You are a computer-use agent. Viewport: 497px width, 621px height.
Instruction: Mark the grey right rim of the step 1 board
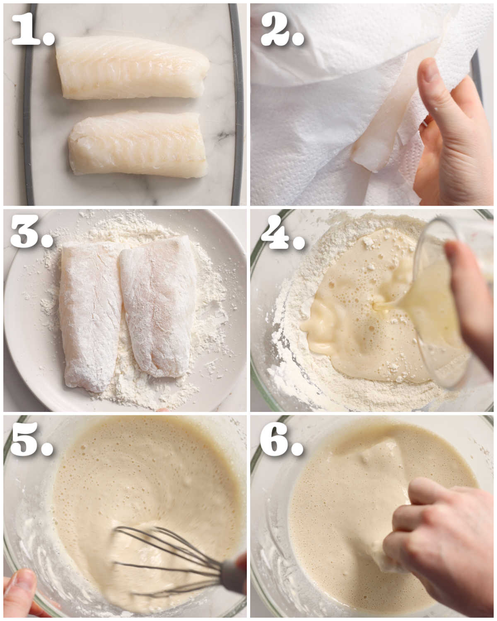point(238,103)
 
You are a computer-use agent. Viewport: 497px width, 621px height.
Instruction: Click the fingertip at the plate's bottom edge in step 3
point(162,410)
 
